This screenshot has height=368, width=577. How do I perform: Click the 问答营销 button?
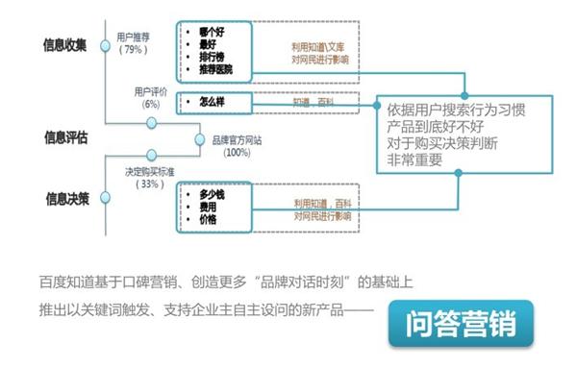tap(460, 325)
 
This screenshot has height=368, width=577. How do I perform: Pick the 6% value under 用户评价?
tap(151, 104)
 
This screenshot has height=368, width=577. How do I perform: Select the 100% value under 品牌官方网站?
tap(236, 152)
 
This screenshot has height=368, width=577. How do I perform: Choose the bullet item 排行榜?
tap(213, 56)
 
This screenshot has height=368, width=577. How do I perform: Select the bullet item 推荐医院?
tap(217, 68)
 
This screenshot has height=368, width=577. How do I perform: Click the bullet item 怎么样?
tap(213, 101)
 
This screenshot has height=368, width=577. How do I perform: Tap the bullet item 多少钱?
tap(213, 195)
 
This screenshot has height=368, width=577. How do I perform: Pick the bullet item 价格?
tap(208, 220)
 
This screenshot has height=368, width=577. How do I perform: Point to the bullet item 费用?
tap(208, 208)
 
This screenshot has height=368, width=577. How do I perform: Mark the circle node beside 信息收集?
tap(106, 44)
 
